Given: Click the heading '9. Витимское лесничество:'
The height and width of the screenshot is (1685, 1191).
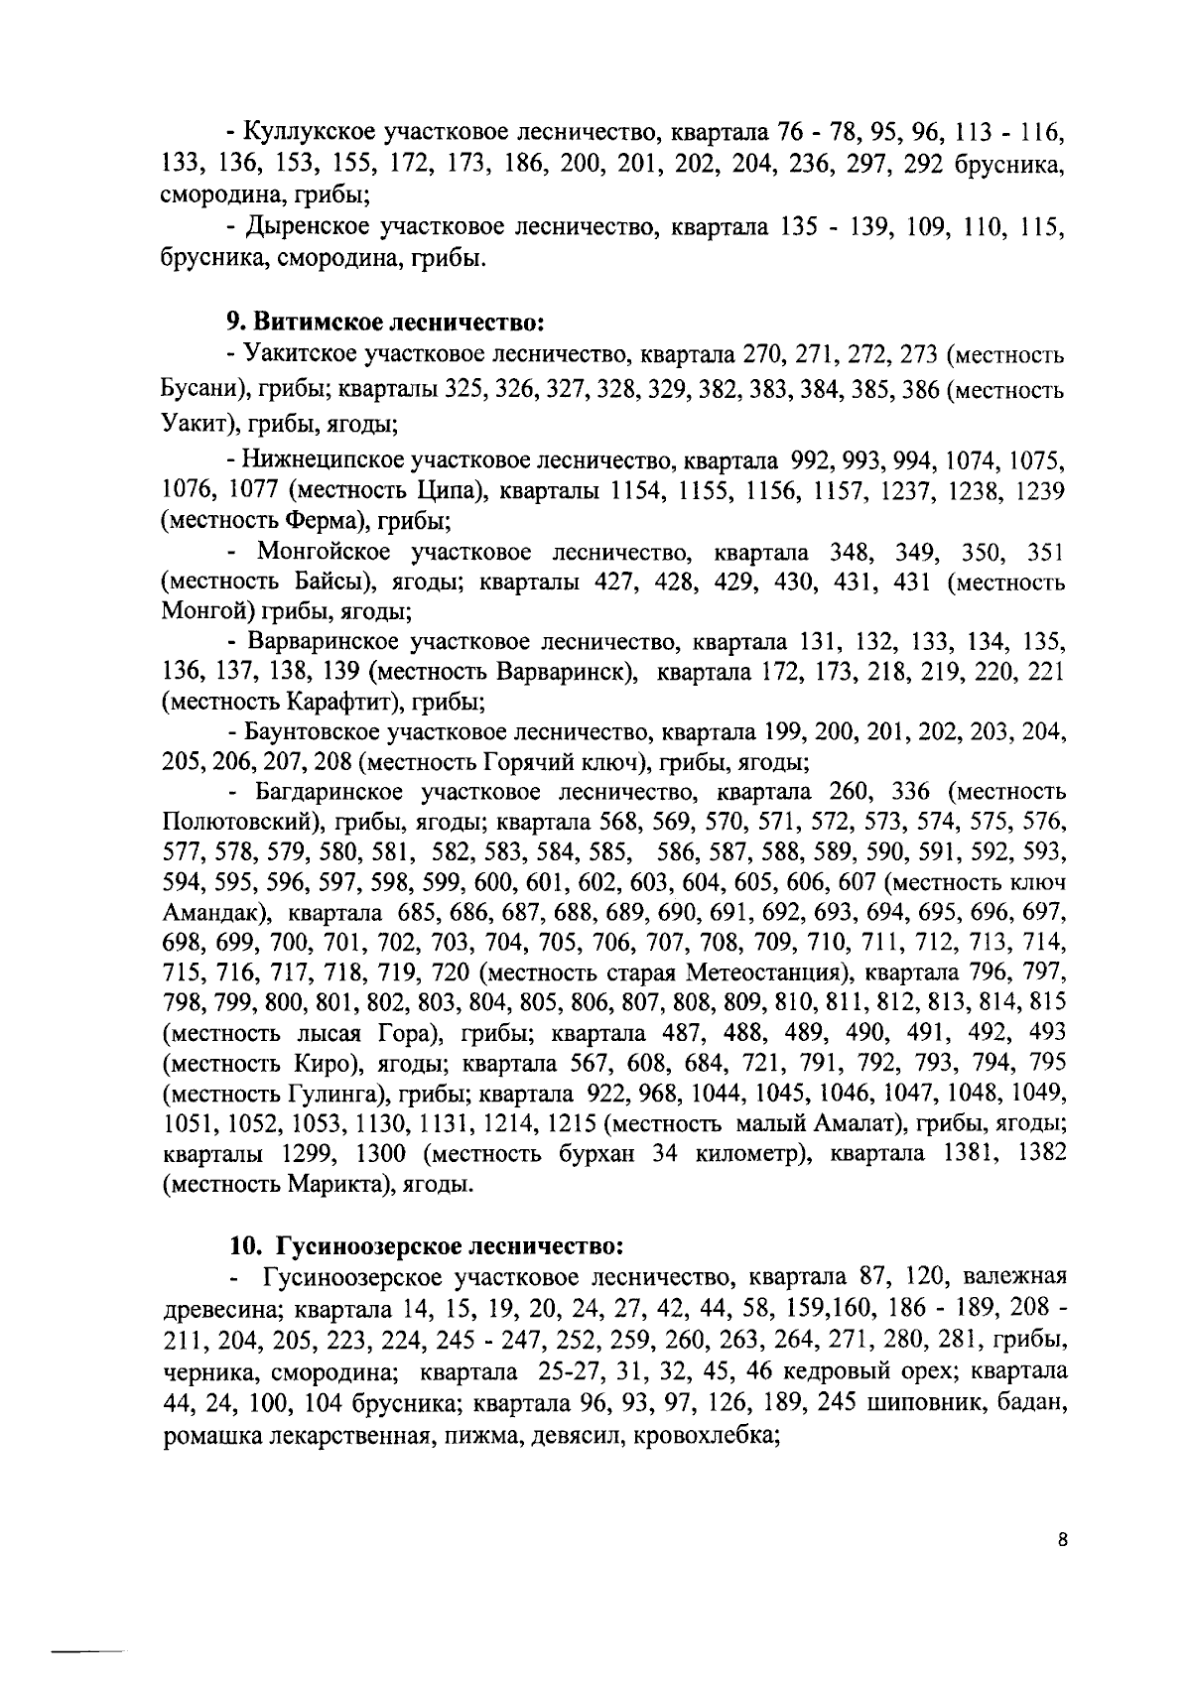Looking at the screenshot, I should pyautogui.click(x=385, y=322).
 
